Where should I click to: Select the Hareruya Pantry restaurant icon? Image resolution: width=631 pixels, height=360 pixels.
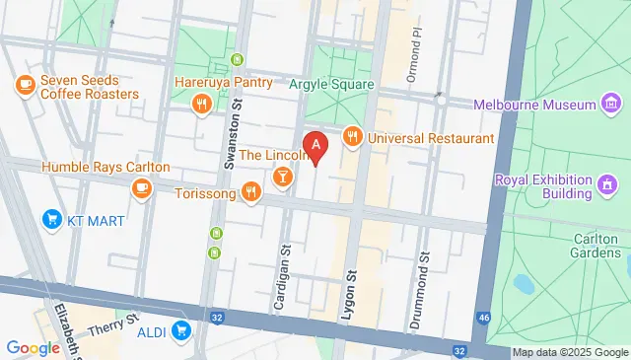pos(201,102)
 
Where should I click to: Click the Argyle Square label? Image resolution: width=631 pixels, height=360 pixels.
pos(331,85)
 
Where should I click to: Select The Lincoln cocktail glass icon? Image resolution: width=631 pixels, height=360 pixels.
pos(283,175)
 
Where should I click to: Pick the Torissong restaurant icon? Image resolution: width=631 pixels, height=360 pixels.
pos(251,192)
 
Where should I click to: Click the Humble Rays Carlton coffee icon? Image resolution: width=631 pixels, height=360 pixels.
pos(142,186)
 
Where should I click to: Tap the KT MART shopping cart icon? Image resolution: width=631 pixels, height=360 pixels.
pos(50,219)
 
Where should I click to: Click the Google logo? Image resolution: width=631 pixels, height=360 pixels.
pos(34,347)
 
